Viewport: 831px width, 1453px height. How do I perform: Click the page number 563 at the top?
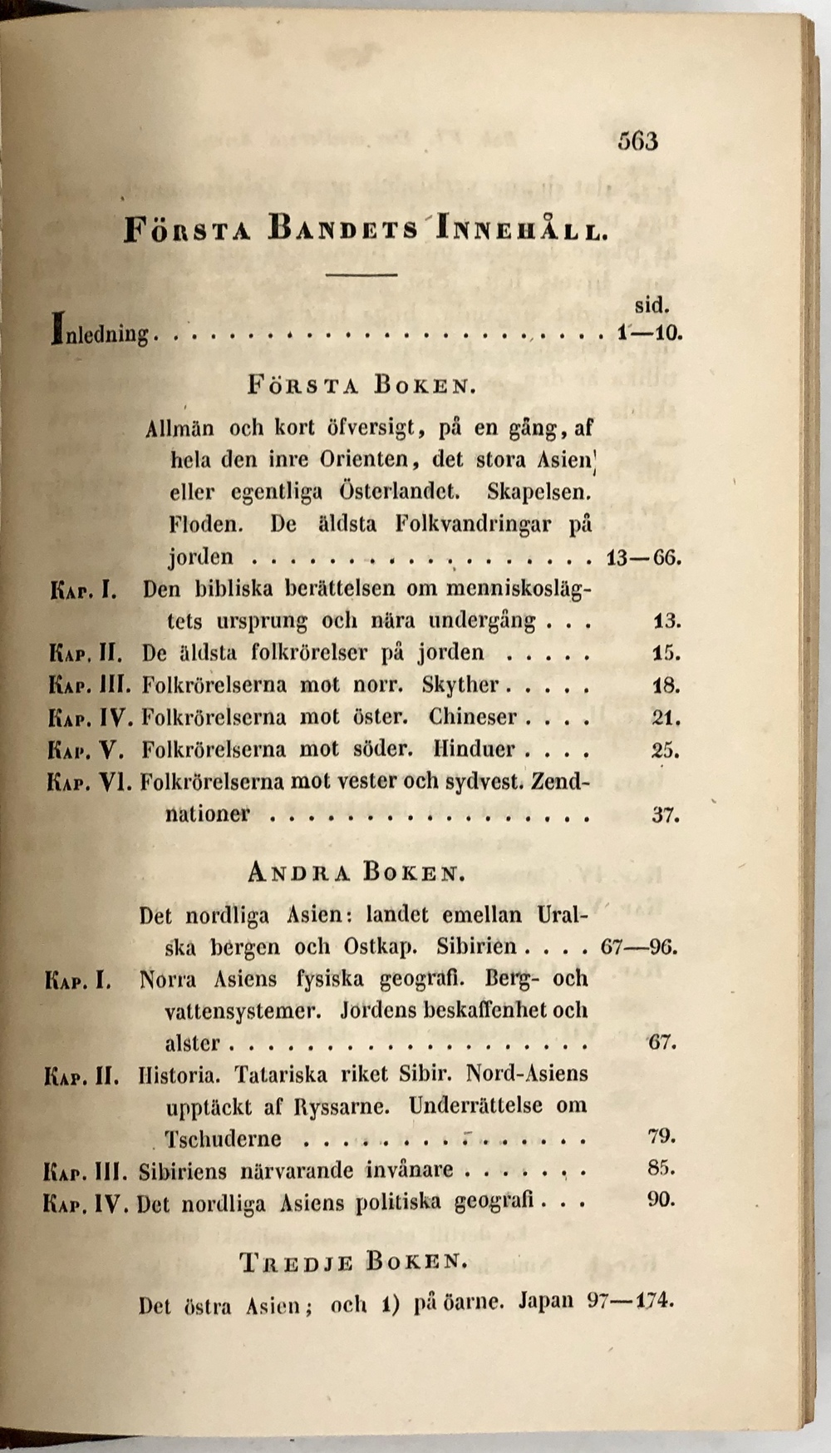click(637, 141)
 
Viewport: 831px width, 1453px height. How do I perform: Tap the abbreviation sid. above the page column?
click(652, 304)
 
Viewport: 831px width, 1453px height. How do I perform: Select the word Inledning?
click(101, 334)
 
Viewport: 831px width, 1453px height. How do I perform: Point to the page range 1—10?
click(649, 334)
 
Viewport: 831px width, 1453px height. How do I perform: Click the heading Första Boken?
click(361, 386)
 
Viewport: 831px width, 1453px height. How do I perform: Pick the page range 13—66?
click(644, 556)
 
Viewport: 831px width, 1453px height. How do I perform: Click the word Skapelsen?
click(538, 491)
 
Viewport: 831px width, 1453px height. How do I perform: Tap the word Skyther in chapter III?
click(460, 685)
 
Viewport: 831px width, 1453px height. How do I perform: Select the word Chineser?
click(473, 717)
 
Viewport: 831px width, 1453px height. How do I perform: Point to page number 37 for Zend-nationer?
click(666, 814)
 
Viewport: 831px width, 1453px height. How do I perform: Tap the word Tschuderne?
click(223, 1138)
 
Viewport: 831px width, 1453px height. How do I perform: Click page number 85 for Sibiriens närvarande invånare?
click(661, 1169)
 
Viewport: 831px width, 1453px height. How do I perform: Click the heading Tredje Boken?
click(354, 1262)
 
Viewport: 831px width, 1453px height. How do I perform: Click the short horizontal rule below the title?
click(361, 274)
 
